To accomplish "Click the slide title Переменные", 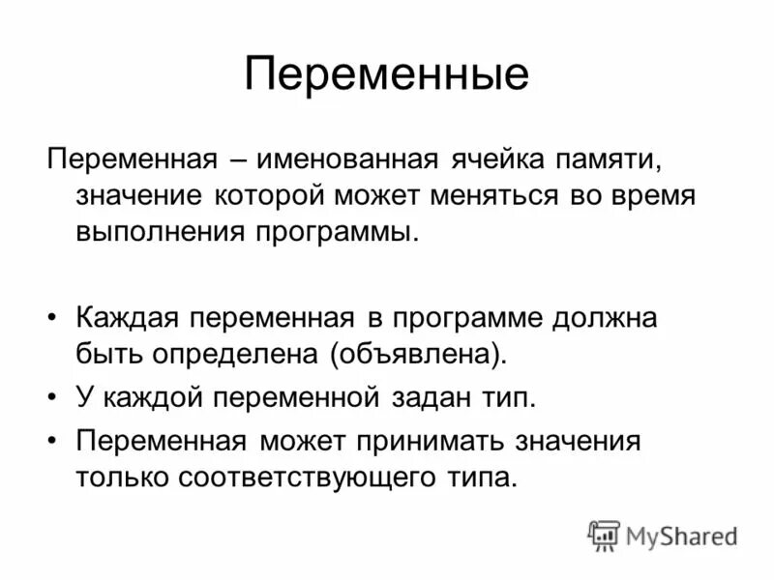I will point(386,74).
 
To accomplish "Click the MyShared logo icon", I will point(604,536).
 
